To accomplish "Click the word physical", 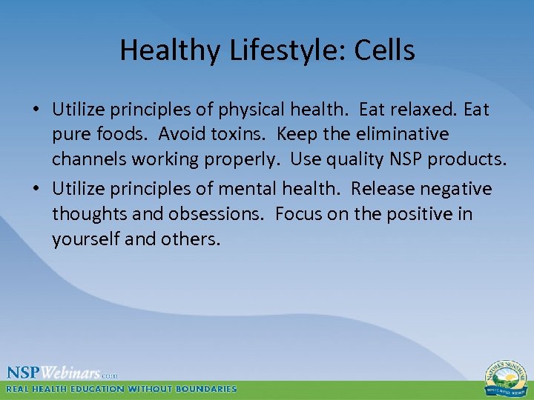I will (244, 110).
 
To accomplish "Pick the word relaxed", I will (424, 110).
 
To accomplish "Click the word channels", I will (85, 159).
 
